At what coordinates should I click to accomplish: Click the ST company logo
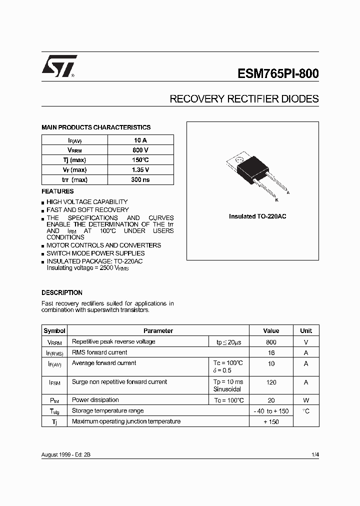tap(59, 66)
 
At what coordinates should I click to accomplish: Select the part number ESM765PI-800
tap(278, 73)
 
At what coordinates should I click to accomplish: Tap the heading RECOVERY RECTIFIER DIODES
tap(244, 99)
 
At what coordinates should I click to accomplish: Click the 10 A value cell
tap(140, 140)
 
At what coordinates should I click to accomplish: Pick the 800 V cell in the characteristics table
tap(140, 150)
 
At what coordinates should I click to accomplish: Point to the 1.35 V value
tap(140, 170)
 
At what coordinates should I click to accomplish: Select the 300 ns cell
tap(140, 180)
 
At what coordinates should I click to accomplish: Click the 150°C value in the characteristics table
tap(140, 160)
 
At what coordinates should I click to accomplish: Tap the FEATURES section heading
tap(57, 191)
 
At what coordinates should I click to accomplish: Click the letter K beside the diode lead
tap(276, 200)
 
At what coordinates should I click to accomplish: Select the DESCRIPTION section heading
tap(62, 292)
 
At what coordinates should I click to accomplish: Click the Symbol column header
tap(54, 330)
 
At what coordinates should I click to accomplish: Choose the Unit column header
tap(306, 330)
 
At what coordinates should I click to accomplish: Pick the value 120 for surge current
tap(271, 382)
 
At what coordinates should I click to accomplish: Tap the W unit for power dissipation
tap(306, 400)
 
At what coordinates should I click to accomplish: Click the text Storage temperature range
tap(107, 410)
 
